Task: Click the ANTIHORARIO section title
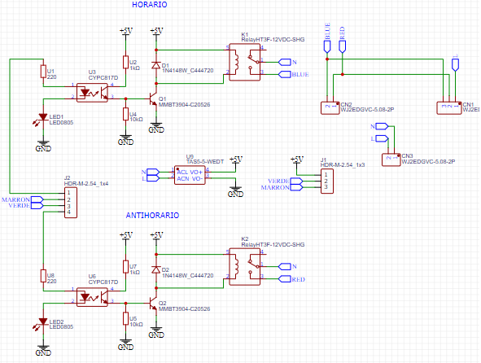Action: pos(152,216)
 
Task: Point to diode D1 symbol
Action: pos(155,65)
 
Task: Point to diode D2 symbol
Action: pos(155,269)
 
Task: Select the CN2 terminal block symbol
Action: pos(329,106)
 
